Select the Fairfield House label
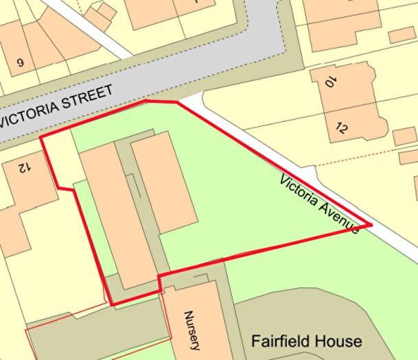pyautogui.click(x=306, y=341)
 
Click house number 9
pyautogui.click(x=20, y=63)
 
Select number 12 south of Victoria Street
pyautogui.click(x=25, y=166)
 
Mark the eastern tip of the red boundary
pyautogui.click(x=371, y=224)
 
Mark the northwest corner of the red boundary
pyautogui.click(x=41, y=137)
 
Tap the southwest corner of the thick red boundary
pyautogui.click(x=111, y=304)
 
